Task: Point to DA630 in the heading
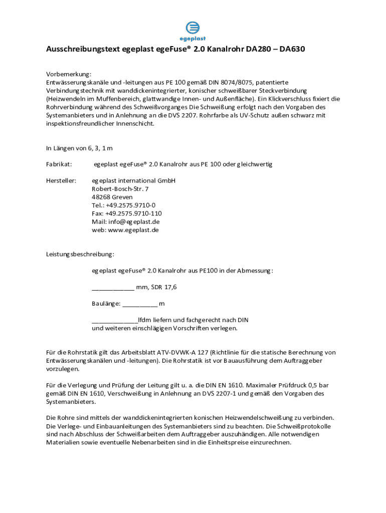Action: point(292,50)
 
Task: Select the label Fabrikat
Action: point(59,164)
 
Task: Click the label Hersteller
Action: point(61,181)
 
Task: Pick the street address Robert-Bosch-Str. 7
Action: point(120,189)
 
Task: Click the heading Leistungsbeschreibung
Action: point(80,254)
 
